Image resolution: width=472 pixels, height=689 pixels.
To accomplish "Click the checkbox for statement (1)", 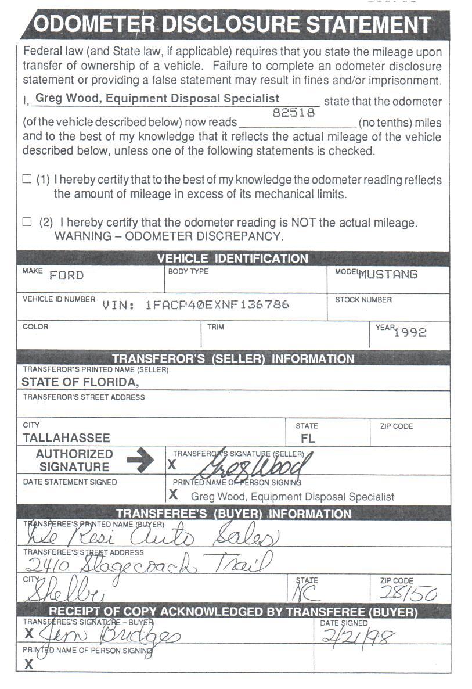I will click(27, 180).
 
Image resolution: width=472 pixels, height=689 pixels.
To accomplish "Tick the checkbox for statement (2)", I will click(27, 222).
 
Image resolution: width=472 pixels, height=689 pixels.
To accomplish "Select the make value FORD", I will click(66, 275).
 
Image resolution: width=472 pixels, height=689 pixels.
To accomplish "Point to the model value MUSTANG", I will click(388, 274).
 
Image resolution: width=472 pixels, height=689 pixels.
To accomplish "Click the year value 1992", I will click(410, 333).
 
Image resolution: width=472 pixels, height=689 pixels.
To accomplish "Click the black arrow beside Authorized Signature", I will click(140, 460).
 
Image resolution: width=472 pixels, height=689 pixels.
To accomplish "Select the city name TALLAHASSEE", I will click(66, 438).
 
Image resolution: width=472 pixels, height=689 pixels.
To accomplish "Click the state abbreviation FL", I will click(308, 439).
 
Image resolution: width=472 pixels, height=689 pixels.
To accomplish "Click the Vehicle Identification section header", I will click(233, 259).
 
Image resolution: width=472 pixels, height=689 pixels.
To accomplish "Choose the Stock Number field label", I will click(363, 300).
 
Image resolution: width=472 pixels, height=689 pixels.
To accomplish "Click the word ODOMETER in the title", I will click(94, 24).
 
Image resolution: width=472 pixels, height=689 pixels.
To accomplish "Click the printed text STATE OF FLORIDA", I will click(80, 382).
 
